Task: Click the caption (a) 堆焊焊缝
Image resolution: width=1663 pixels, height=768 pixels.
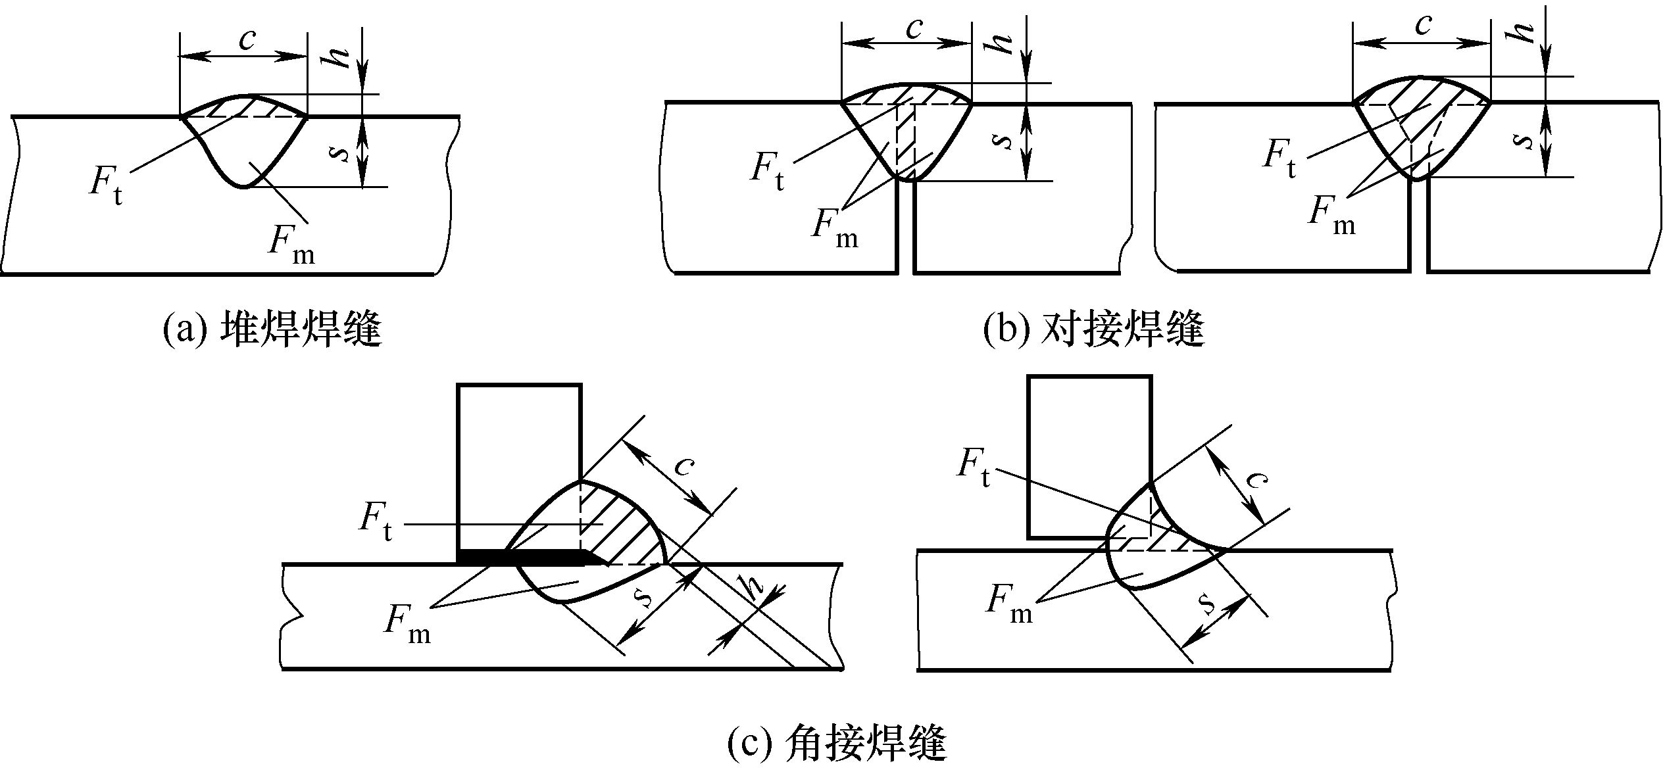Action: tap(271, 329)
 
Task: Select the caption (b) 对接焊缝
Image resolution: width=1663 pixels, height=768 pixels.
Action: tap(1093, 329)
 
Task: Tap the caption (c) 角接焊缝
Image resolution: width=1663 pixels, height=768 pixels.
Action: tap(836, 744)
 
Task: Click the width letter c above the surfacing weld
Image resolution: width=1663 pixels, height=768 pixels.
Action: tap(247, 41)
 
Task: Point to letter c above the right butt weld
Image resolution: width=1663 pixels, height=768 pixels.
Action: tap(1423, 26)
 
